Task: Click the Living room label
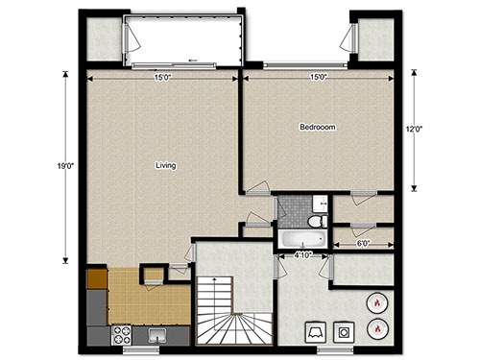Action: coord(165,166)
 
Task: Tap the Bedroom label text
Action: coord(316,127)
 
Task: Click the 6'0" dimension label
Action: coord(365,245)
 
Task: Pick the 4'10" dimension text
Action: coord(300,255)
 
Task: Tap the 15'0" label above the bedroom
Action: coord(318,77)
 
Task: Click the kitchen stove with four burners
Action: coord(123,335)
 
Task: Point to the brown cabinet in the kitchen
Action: coord(96,279)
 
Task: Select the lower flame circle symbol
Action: coord(377,329)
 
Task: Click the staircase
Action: coord(234,312)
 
